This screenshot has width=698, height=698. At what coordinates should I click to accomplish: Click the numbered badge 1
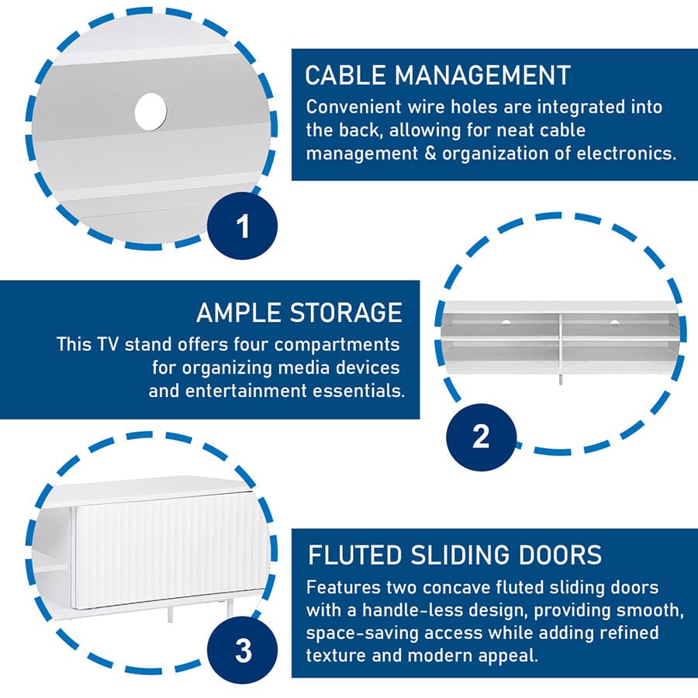tap(242, 226)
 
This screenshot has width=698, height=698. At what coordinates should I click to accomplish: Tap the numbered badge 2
tap(481, 437)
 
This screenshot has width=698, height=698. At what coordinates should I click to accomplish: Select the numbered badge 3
tap(243, 651)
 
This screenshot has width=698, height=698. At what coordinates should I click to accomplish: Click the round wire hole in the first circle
tap(151, 112)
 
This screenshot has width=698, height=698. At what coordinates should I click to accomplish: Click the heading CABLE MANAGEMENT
tap(437, 74)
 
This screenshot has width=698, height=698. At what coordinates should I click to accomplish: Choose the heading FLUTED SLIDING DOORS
tap(454, 555)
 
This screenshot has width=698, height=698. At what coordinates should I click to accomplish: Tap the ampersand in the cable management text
tap(430, 153)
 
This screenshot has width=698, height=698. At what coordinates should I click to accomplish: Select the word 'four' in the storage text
tap(251, 344)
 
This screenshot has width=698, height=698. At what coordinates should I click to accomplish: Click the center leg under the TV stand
tap(560, 378)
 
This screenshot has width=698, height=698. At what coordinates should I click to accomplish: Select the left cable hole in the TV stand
tap(506, 321)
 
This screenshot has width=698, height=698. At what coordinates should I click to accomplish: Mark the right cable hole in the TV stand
tap(615, 322)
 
